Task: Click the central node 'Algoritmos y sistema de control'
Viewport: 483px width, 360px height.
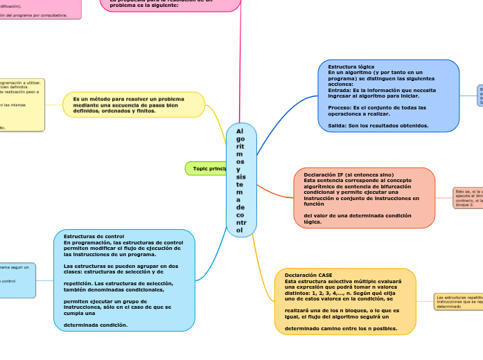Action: click(240, 179)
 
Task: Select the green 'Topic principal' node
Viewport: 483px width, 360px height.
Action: click(209, 168)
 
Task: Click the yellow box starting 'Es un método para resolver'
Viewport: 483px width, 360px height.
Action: click(134, 105)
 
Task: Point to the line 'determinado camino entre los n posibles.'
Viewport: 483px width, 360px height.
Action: click(341, 329)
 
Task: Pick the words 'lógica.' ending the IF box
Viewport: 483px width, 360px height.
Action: click(313, 222)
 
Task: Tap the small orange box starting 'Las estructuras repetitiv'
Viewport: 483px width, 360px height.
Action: click(458, 301)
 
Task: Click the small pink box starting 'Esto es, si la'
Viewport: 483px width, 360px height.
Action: click(468, 197)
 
